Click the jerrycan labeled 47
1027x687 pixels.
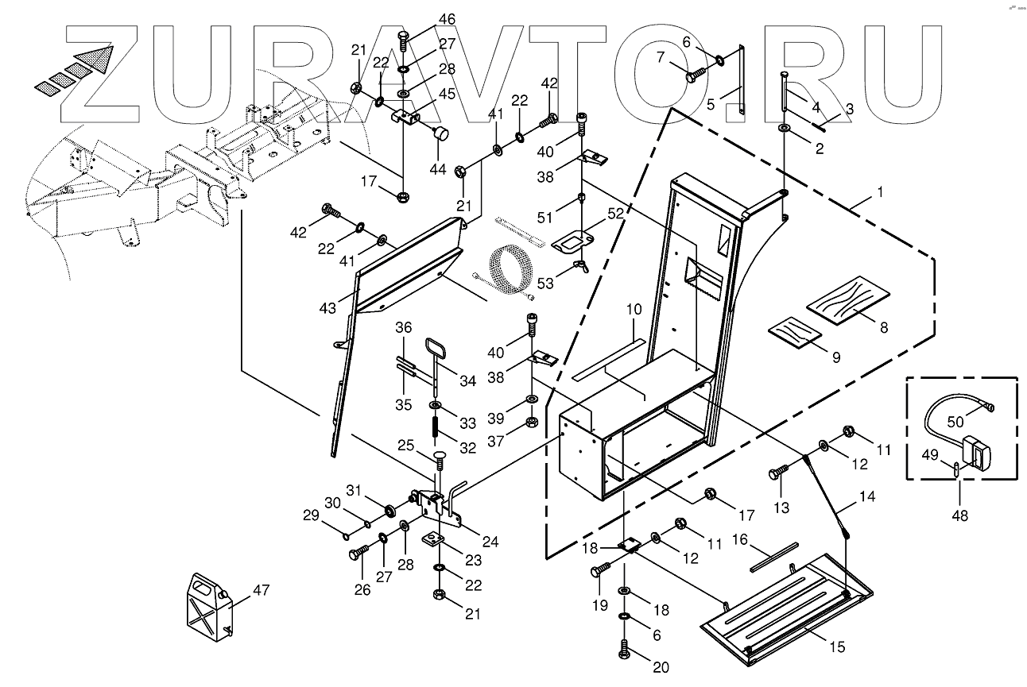(x=208, y=605)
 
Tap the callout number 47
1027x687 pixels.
(x=261, y=590)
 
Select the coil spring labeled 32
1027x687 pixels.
(x=437, y=426)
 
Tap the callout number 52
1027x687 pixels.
(x=616, y=213)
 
